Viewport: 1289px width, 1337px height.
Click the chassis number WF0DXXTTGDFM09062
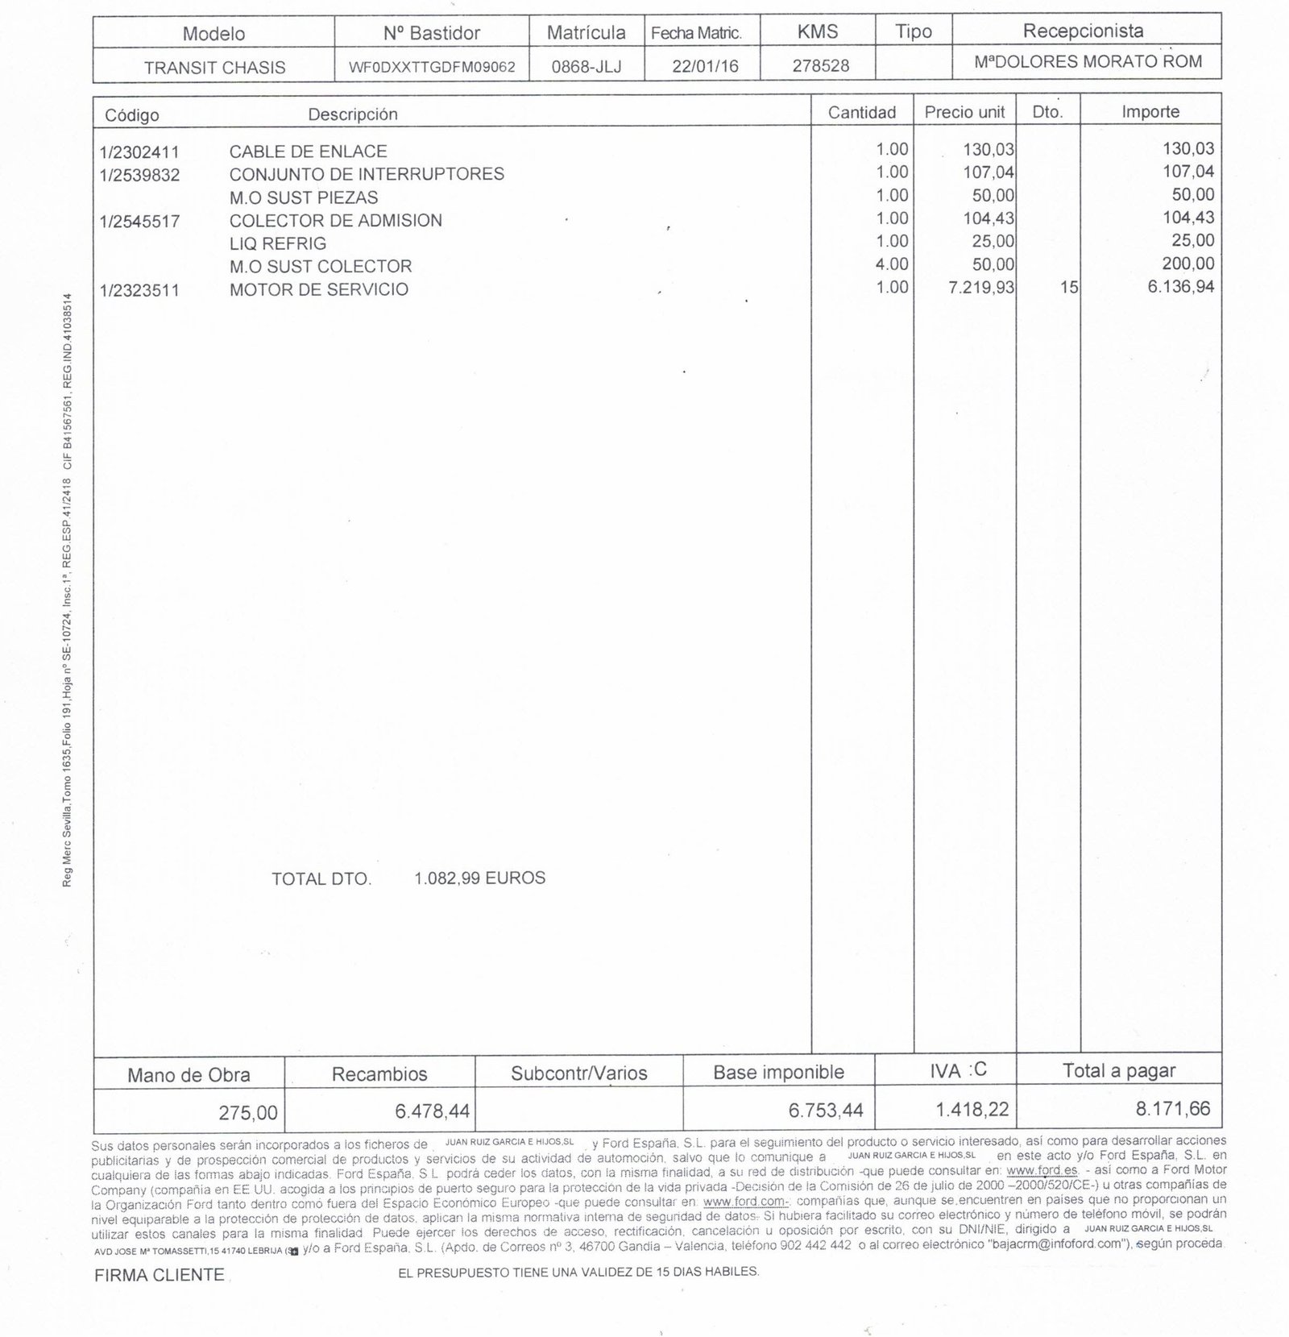pyautogui.click(x=432, y=67)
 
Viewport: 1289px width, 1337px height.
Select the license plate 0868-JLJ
pyautogui.click(x=586, y=67)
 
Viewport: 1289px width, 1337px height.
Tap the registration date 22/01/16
pyautogui.click(x=705, y=67)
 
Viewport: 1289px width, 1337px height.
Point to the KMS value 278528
pyautogui.click(x=820, y=66)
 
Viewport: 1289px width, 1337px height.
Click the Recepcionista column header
pyautogui.click(x=1083, y=31)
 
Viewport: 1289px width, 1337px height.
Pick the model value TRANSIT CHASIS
pyautogui.click(x=214, y=68)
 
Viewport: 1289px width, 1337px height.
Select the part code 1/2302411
pyautogui.click(x=139, y=152)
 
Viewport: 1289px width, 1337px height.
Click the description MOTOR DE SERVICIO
pyautogui.click(x=318, y=289)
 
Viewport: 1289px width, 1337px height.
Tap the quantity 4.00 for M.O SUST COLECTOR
pyautogui.click(x=892, y=264)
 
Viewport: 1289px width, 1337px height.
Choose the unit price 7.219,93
pyautogui.click(x=981, y=288)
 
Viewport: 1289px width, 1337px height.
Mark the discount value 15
pyautogui.click(x=1068, y=288)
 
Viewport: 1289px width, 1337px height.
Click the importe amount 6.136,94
pyautogui.click(x=1180, y=286)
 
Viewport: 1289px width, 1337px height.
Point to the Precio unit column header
pyautogui.click(x=964, y=113)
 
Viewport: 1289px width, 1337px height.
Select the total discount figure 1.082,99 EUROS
pyautogui.click(x=479, y=878)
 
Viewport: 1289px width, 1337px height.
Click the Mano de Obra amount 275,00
pyautogui.click(x=248, y=1113)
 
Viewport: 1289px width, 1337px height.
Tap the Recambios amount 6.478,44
pyautogui.click(x=432, y=1111)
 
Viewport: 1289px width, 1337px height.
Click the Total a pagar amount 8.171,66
pyautogui.click(x=1173, y=1109)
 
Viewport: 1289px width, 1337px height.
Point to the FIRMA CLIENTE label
pyautogui.click(x=159, y=1275)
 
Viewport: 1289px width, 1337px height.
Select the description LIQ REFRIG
pyautogui.click(x=277, y=243)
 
